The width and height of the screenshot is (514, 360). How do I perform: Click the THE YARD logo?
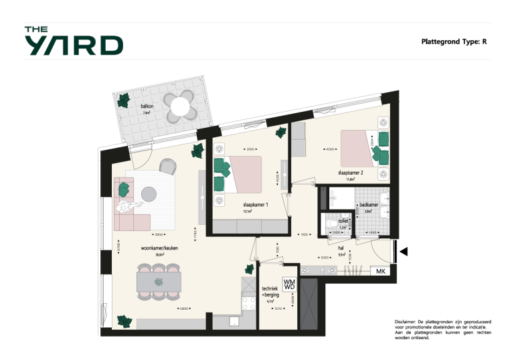point(74,41)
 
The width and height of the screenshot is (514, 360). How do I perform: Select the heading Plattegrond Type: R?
point(453,41)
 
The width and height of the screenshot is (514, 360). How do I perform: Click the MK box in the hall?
point(380,272)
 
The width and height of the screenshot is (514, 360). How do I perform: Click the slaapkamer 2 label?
point(354,173)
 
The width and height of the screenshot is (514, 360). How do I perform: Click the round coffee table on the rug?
point(149,193)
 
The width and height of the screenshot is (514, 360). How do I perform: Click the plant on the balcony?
point(124,101)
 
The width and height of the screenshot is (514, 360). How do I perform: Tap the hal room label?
point(341,248)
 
